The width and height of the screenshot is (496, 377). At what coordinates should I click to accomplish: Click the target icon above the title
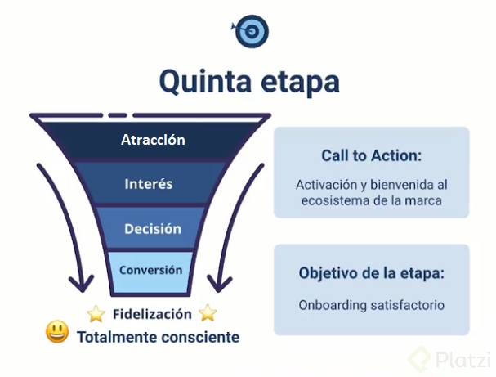250,31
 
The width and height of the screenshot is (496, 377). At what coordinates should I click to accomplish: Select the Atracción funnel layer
153,140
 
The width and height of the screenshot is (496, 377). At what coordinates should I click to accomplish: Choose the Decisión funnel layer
152,229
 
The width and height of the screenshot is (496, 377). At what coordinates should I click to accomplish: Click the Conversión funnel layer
151,269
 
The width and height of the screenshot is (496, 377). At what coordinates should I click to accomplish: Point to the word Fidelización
152,314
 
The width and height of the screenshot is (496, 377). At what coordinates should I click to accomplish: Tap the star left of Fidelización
96,313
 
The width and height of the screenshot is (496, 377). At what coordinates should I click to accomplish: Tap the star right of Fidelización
208,312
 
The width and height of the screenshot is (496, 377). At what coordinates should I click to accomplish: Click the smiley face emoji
57,333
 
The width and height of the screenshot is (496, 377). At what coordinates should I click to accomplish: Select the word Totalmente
114,336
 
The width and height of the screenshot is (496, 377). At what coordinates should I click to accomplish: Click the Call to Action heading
371,156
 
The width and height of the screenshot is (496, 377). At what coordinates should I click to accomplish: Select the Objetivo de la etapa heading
371,273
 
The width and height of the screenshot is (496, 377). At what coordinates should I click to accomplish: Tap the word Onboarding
334,305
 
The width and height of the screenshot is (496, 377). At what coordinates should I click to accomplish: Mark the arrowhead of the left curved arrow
80,284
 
